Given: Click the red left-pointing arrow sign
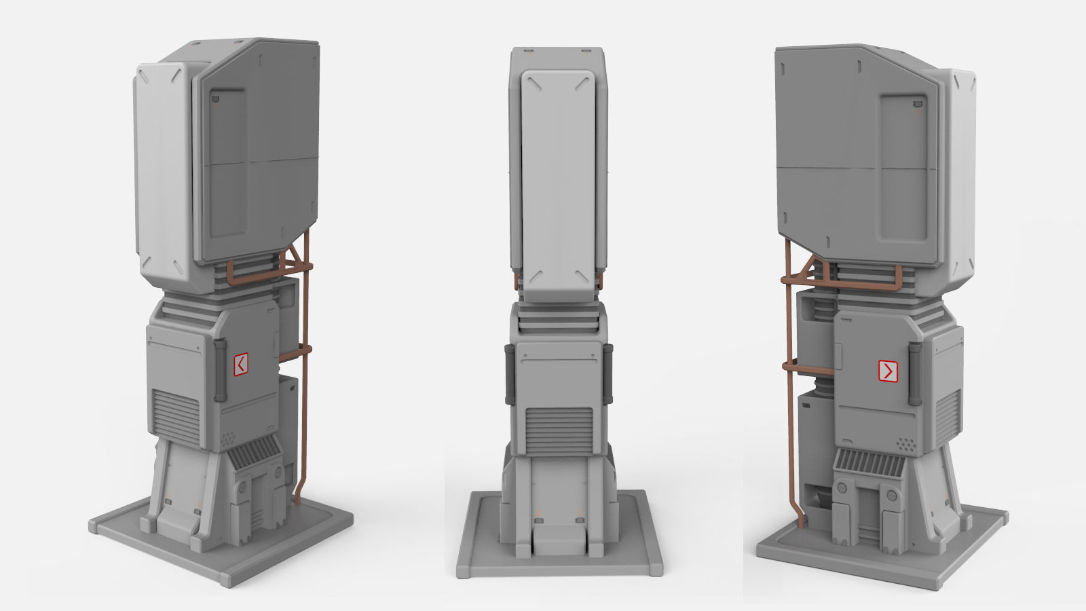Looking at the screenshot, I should (x=240, y=365).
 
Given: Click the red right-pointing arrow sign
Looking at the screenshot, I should (x=888, y=371).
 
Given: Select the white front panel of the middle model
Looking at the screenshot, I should (x=557, y=183).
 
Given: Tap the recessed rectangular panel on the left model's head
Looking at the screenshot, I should (x=227, y=163).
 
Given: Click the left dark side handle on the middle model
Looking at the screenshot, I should (x=509, y=373).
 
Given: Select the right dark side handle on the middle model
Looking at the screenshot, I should (x=608, y=373).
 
